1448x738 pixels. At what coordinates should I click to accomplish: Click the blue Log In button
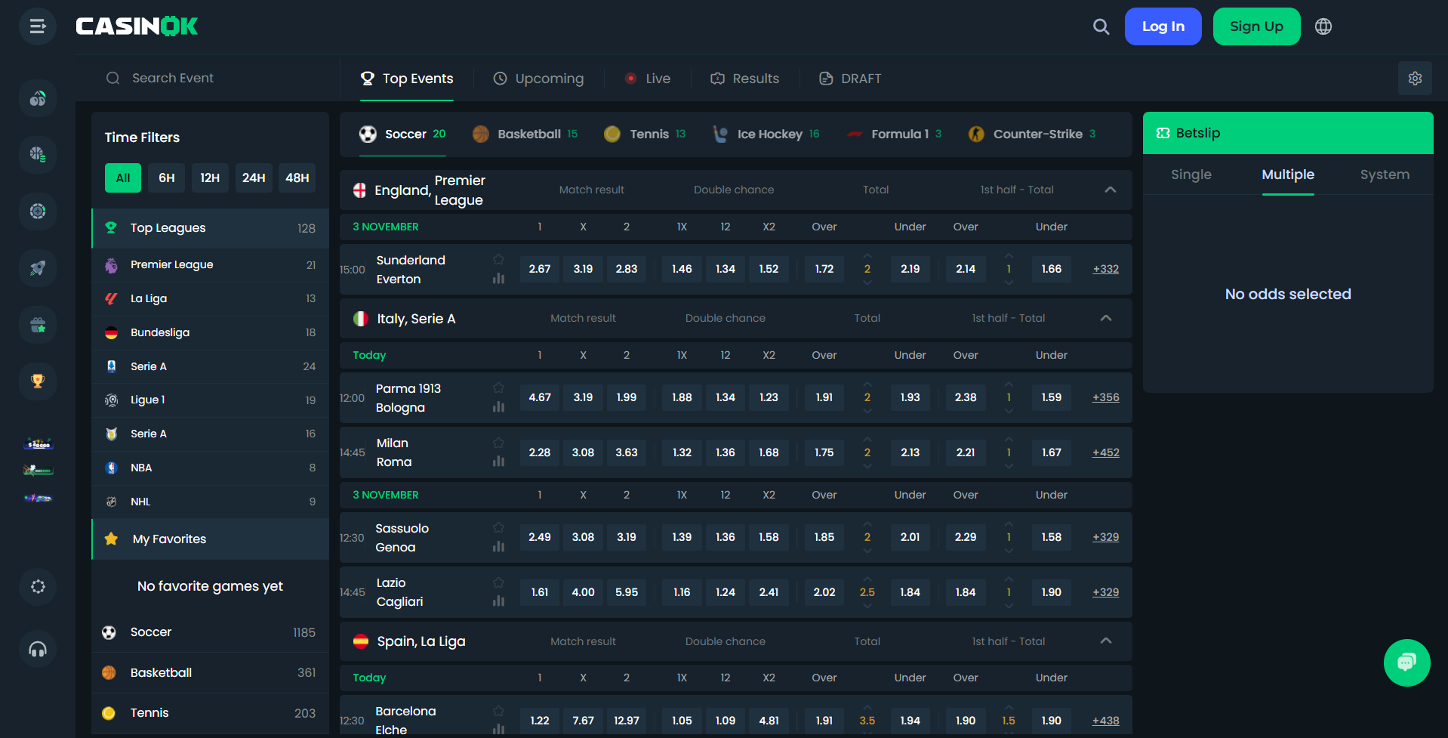coord(1163,26)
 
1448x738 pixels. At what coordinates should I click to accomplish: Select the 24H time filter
coord(253,178)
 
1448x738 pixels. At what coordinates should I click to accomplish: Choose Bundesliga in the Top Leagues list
coord(160,332)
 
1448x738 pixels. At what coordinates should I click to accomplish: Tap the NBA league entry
coord(141,468)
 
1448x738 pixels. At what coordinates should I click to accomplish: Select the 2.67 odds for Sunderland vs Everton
coord(540,269)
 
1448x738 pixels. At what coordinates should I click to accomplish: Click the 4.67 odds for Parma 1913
coord(540,397)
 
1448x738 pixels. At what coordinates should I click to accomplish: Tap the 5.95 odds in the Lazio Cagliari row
coord(627,592)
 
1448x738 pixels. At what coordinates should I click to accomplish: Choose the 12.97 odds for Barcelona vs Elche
coord(627,721)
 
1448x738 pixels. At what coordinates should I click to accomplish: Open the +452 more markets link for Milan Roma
coord(1105,452)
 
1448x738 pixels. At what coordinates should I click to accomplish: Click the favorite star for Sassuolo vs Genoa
coord(498,527)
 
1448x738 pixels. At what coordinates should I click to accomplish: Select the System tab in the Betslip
coord(1385,174)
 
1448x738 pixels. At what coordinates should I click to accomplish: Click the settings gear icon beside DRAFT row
coord(1415,79)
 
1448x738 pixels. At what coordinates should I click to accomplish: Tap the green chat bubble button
coord(1406,662)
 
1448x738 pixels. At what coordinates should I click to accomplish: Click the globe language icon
coord(1323,26)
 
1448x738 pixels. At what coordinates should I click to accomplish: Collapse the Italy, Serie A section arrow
coord(1106,318)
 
